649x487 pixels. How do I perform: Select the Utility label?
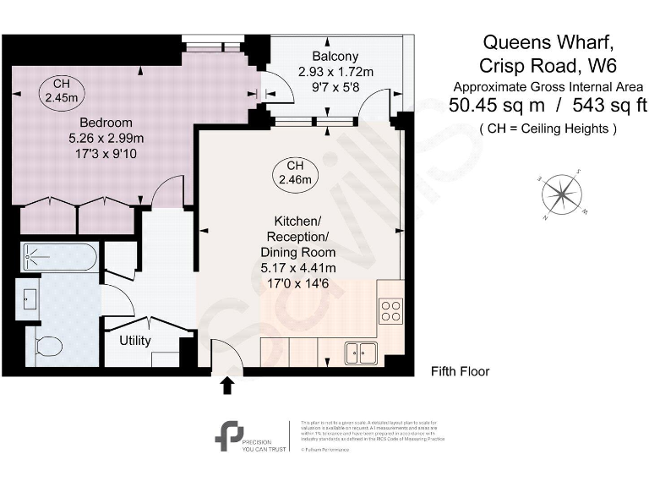134,341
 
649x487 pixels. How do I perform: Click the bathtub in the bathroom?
58,255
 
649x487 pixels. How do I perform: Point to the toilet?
48,347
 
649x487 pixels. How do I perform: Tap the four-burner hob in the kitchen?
391,310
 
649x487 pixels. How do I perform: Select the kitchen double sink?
361,352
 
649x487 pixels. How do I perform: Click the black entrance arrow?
226,386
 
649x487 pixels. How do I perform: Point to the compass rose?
559,194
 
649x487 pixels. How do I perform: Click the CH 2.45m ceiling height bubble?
61,91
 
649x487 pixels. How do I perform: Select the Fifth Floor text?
460,371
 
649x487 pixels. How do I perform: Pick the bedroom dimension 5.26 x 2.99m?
106,139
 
